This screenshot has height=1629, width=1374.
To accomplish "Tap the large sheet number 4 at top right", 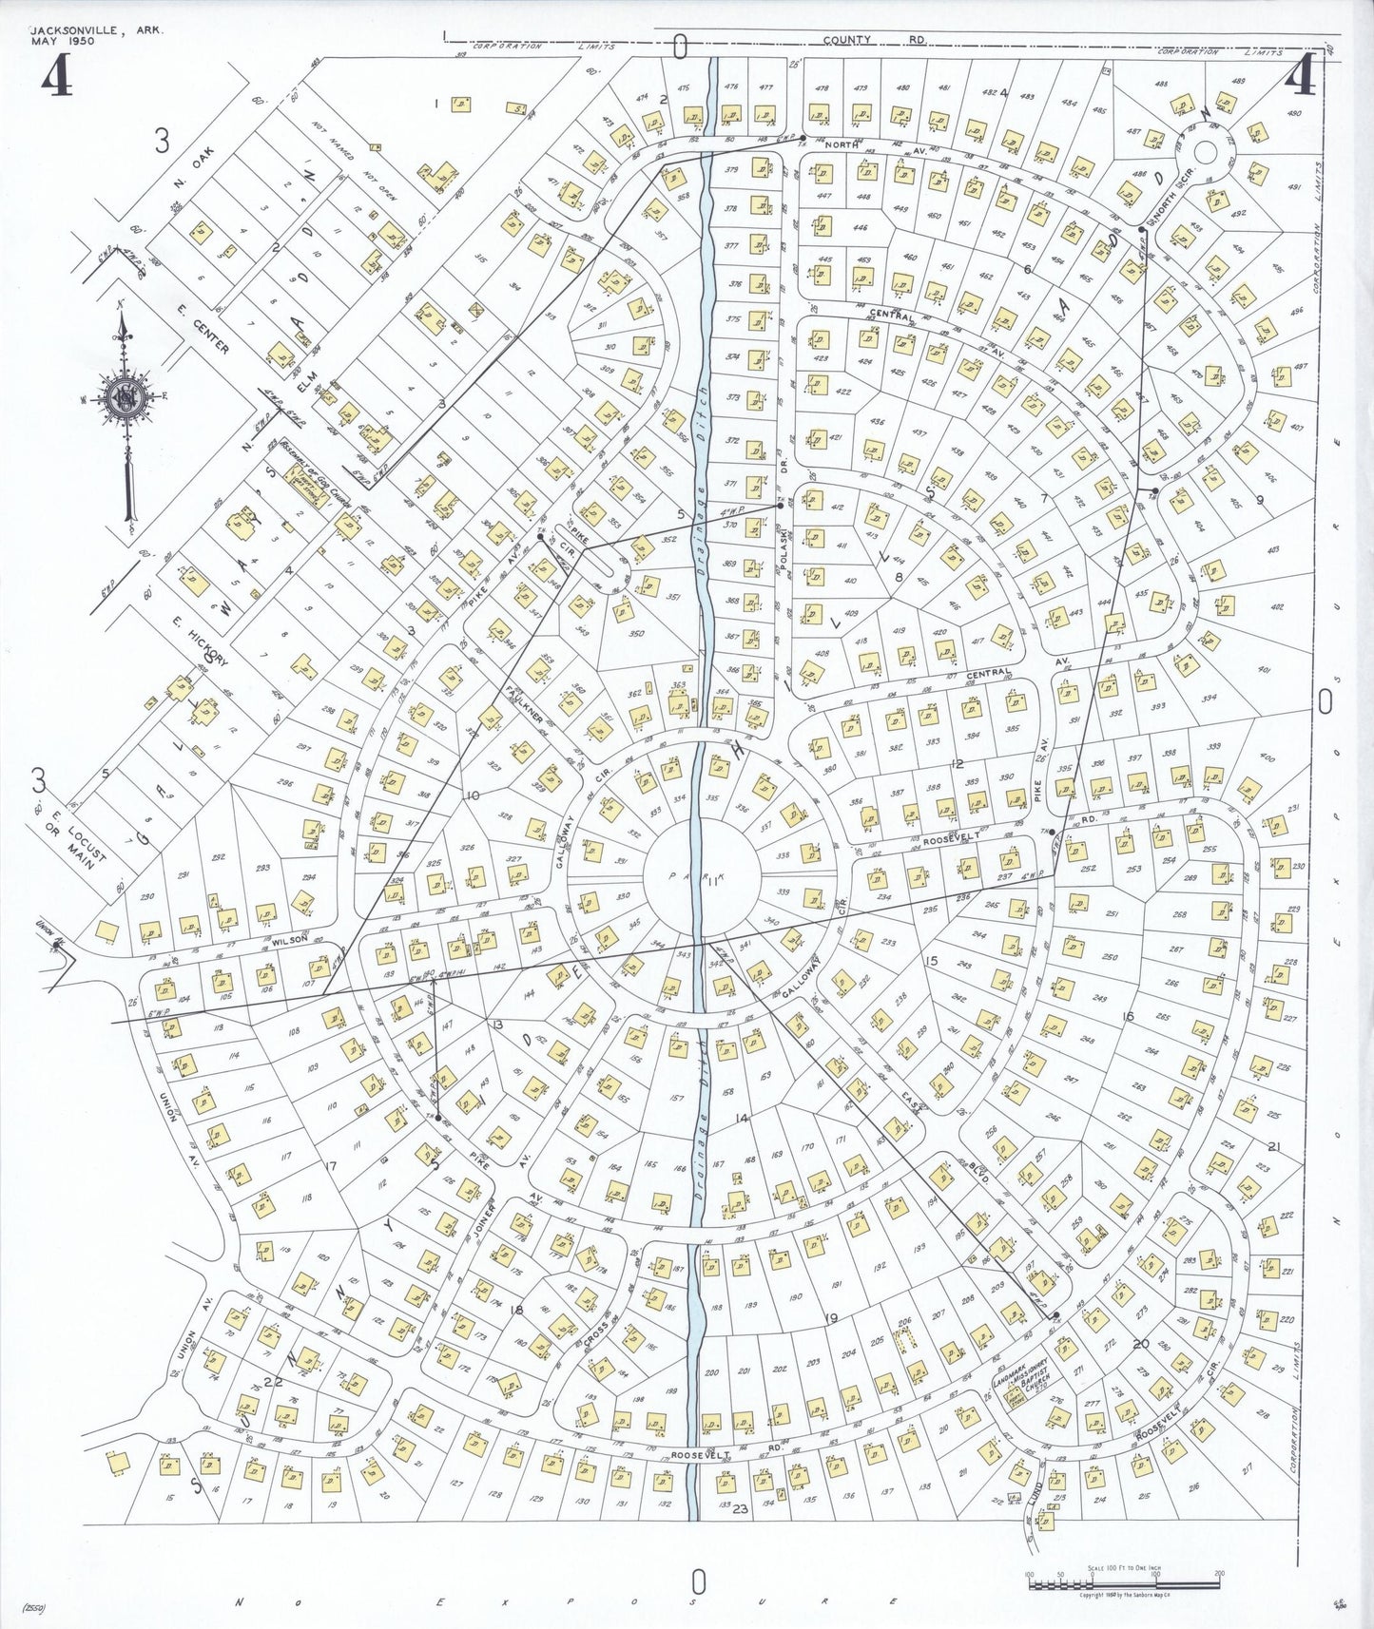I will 1301,76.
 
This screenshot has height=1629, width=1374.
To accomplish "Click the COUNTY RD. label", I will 875,40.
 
